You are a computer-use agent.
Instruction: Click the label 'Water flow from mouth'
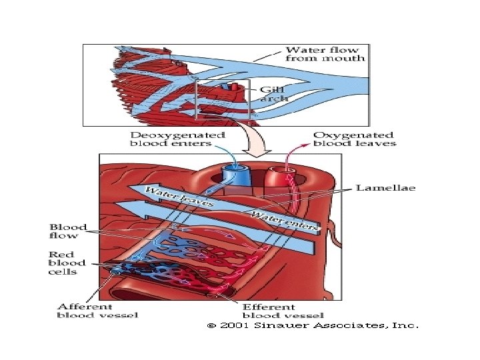point(325,54)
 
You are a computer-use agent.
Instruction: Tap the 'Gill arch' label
point(273,93)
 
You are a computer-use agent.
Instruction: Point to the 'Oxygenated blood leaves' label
point(354,139)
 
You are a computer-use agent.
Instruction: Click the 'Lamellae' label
point(385,188)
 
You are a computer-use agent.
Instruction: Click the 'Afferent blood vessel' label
point(98,310)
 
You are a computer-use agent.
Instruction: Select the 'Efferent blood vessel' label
point(283,311)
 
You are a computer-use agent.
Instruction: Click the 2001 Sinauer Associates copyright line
point(312,326)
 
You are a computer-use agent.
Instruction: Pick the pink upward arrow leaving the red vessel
point(289,159)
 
